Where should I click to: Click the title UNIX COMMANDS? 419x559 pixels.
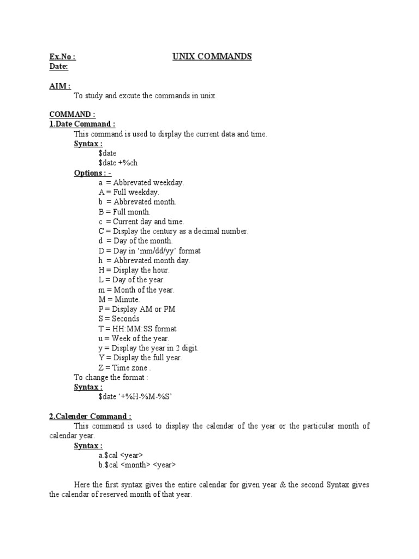pos(212,56)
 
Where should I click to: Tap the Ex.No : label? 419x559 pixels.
pos(62,57)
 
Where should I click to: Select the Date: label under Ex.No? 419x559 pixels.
pos(59,67)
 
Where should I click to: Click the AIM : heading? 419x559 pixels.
pos(60,86)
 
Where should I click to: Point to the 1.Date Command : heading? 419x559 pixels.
pos(82,124)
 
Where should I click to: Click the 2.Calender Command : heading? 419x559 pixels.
pos(90,416)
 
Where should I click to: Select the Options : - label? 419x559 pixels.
pos(93,173)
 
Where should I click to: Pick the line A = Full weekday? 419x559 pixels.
pos(129,192)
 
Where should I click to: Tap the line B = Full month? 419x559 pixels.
pos(124,212)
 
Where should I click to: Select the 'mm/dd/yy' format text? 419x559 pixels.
pos(167,251)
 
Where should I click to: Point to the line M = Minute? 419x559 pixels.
pos(119,299)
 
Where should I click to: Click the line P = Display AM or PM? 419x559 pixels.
pos(137,309)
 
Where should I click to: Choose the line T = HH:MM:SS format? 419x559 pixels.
pos(137,329)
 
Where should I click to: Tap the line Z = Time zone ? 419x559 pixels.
pos(125,367)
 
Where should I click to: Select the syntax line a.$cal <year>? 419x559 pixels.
pos(121,455)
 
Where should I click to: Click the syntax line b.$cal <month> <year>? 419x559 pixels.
pos(137,465)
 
